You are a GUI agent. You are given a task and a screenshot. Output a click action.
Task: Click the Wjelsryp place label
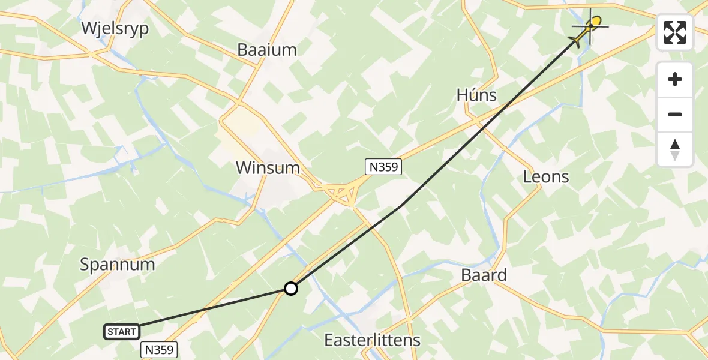113,28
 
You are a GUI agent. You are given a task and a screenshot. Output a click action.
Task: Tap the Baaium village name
267,50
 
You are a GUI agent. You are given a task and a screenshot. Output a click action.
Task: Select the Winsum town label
268,167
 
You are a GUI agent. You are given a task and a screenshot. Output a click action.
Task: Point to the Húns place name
476,95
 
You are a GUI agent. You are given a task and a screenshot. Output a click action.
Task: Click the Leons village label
546,176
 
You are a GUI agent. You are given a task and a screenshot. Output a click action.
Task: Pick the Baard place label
484,275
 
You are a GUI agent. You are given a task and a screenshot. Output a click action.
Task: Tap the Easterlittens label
372,340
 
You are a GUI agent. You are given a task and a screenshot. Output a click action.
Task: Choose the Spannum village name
118,264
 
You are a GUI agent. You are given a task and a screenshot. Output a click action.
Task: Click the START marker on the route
122,331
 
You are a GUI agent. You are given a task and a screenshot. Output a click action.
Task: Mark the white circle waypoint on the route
291,289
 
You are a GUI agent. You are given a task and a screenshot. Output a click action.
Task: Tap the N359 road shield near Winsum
383,167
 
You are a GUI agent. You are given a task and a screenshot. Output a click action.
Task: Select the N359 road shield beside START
159,349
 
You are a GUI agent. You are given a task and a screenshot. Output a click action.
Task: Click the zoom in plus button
675,79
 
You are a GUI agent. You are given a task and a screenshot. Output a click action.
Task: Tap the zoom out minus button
675,114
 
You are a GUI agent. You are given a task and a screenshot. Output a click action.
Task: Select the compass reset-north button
675,149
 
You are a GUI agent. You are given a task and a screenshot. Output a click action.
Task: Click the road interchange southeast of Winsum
340,193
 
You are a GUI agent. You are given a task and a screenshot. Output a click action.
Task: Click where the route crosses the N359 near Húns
508,103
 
